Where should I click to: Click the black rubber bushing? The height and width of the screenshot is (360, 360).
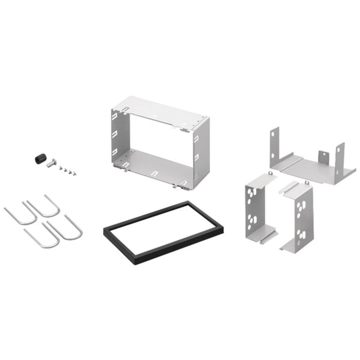coord(39,158)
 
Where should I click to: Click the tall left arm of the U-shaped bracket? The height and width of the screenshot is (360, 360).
coord(274,144)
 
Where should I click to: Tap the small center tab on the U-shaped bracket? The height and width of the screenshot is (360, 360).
coord(323,156)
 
